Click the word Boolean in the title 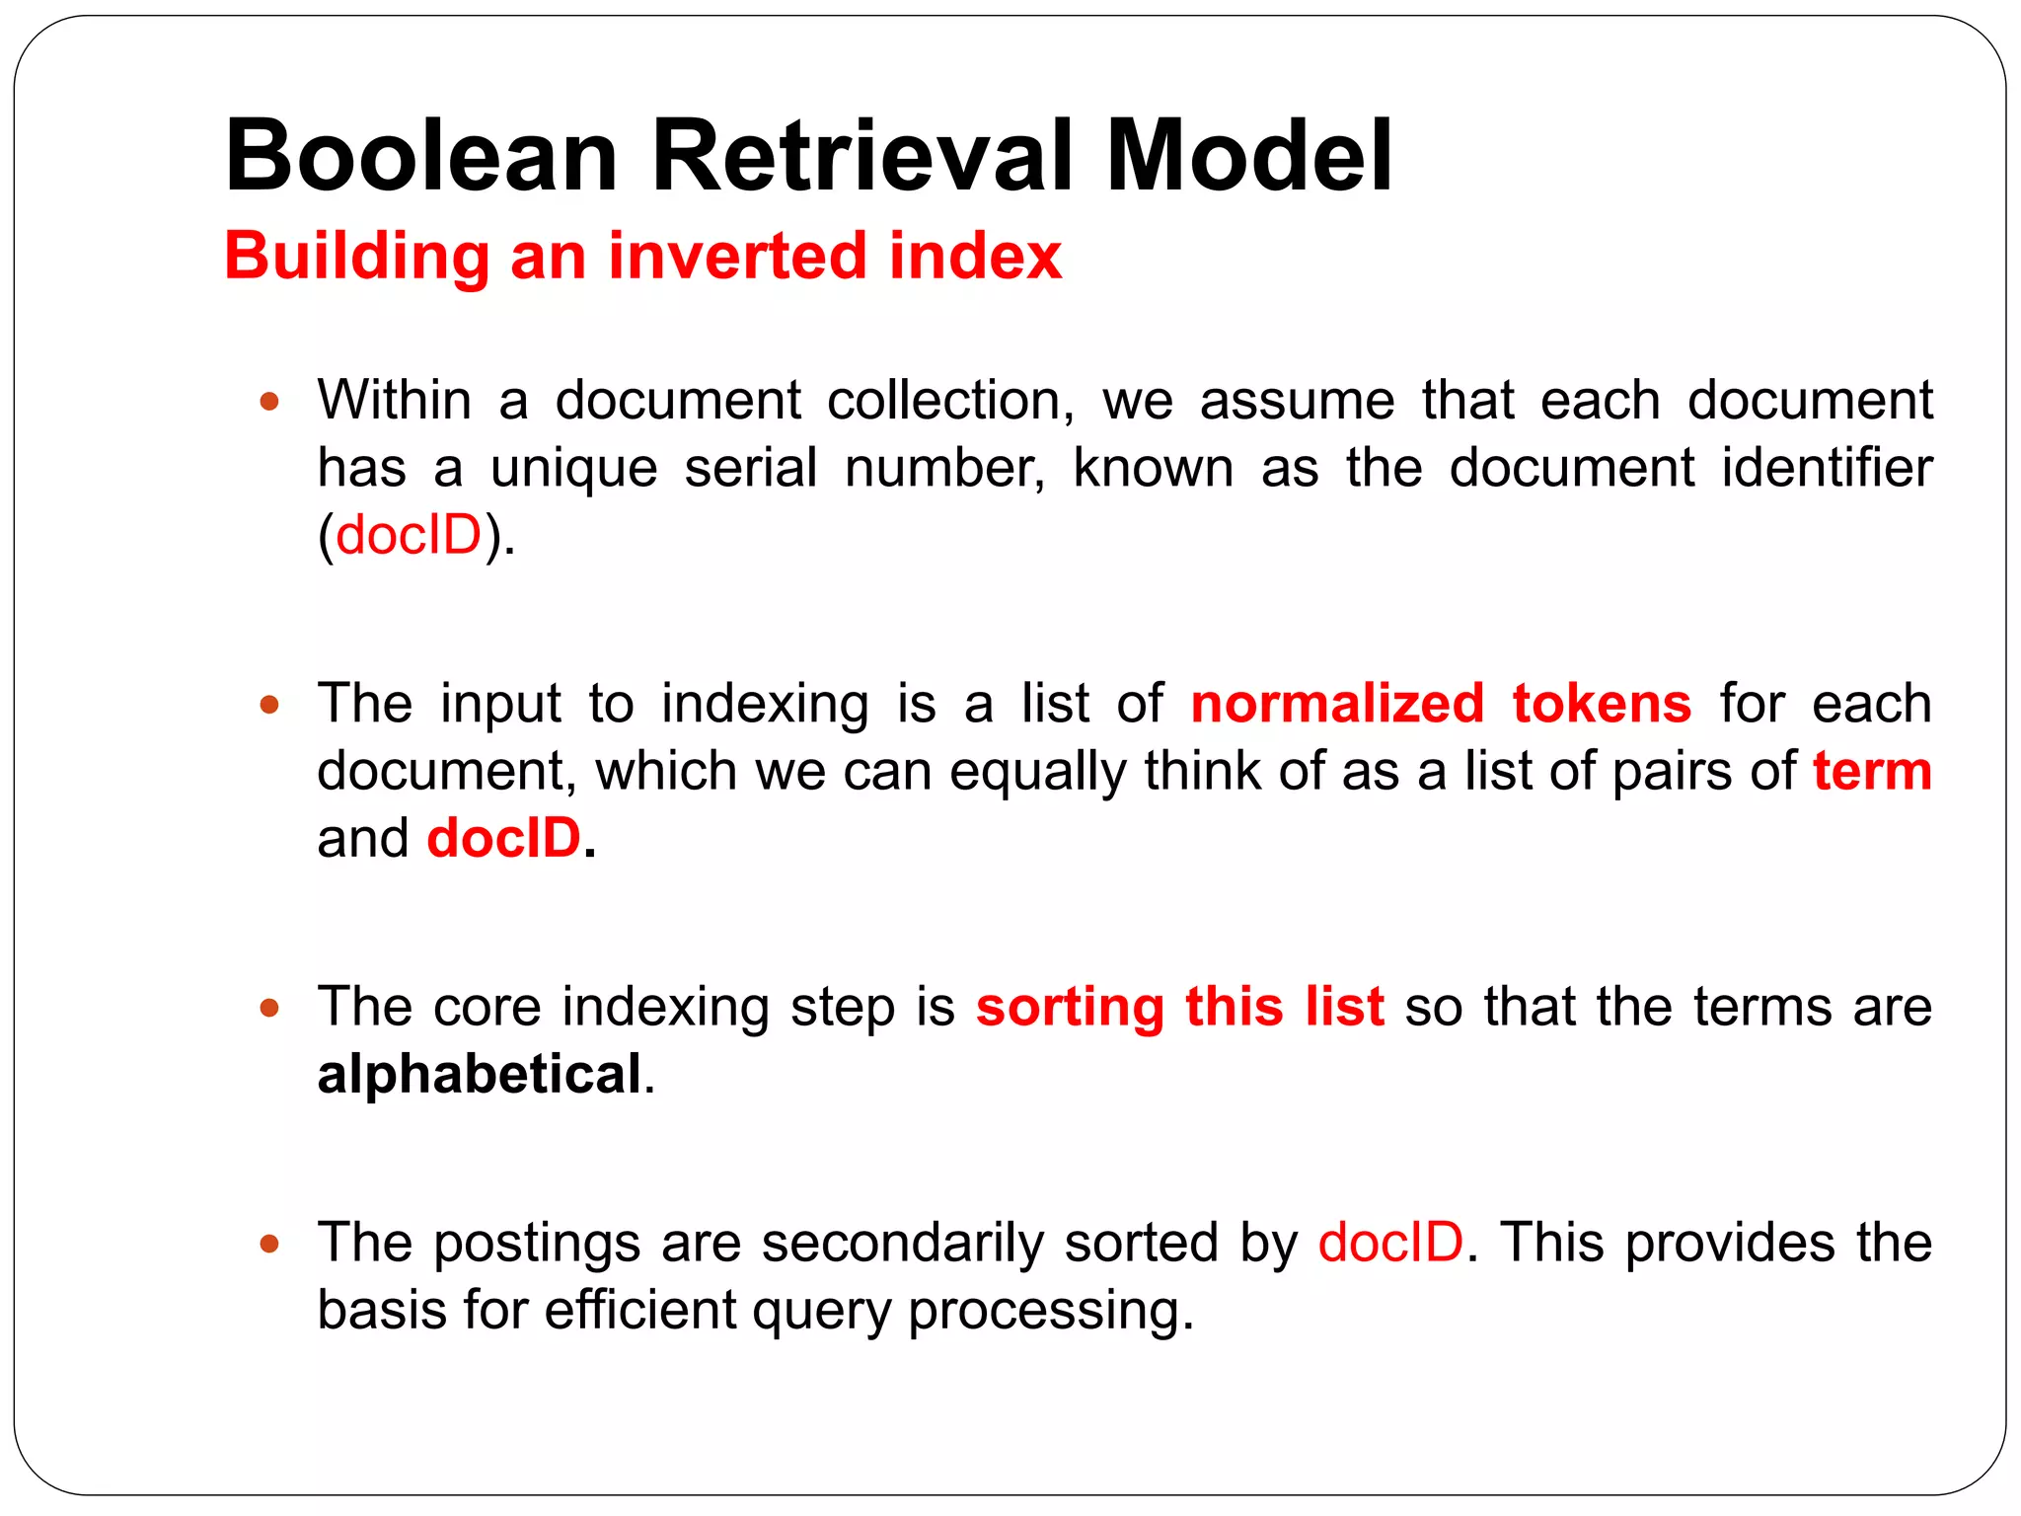tap(421, 156)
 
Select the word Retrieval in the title tap(861, 156)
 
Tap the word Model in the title tap(1248, 156)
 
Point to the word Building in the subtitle tap(356, 256)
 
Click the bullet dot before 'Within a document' tap(269, 402)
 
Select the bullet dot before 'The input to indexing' tap(269, 705)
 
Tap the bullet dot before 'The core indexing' tap(269, 1008)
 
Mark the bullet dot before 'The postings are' tap(269, 1243)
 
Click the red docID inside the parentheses tap(409, 536)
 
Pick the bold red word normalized tap(1337, 704)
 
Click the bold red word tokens tap(1602, 704)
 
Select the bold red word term tap(1872, 771)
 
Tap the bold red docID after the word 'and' tap(503, 838)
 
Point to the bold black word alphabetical tap(480, 1074)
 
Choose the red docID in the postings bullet tap(1390, 1242)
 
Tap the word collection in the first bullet tap(949, 402)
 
